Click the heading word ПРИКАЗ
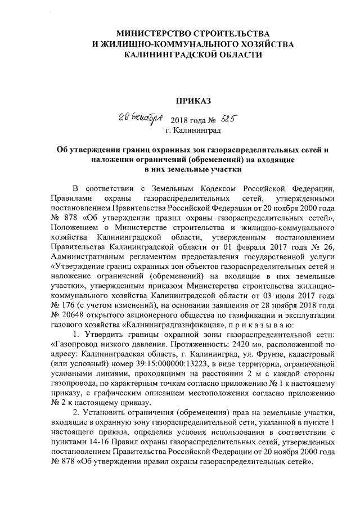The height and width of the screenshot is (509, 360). (193, 101)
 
